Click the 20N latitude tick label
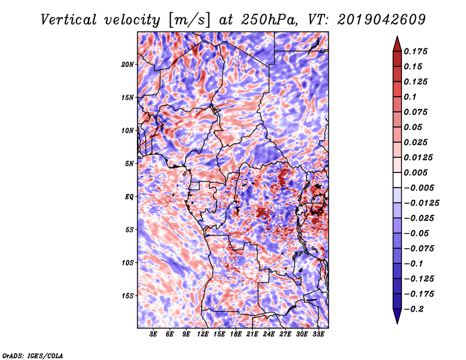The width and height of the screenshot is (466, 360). (x=128, y=65)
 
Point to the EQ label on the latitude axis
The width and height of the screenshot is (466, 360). (x=129, y=197)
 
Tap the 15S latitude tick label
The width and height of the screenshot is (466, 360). (x=128, y=296)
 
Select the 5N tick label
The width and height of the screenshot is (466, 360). (x=129, y=164)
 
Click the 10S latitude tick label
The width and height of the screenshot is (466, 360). (x=128, y=263)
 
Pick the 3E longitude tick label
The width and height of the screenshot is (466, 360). (x=153, y=334)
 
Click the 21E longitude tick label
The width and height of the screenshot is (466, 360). (x=252, y=334)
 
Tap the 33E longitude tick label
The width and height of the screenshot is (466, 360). (x=318, y=334)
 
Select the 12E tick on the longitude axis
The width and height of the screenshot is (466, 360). (x=202, y=334)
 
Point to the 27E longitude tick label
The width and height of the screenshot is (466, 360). (x=285, y=334)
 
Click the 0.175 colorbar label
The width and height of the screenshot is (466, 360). (x=415, y=51)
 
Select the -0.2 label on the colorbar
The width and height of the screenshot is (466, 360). (x=414, y=309)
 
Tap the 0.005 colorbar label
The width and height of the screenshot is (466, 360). (x=415, y=172)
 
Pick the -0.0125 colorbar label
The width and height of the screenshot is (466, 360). (x=421, y=203)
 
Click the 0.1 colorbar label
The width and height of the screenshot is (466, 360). (x=410, y=97)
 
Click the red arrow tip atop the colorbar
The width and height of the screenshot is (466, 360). (x=397, y=36)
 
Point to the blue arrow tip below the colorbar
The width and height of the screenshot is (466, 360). (x=397, y=323)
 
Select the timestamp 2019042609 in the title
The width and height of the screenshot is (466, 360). (x=382, y=20)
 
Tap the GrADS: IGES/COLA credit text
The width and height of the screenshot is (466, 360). (x=33, y=355)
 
